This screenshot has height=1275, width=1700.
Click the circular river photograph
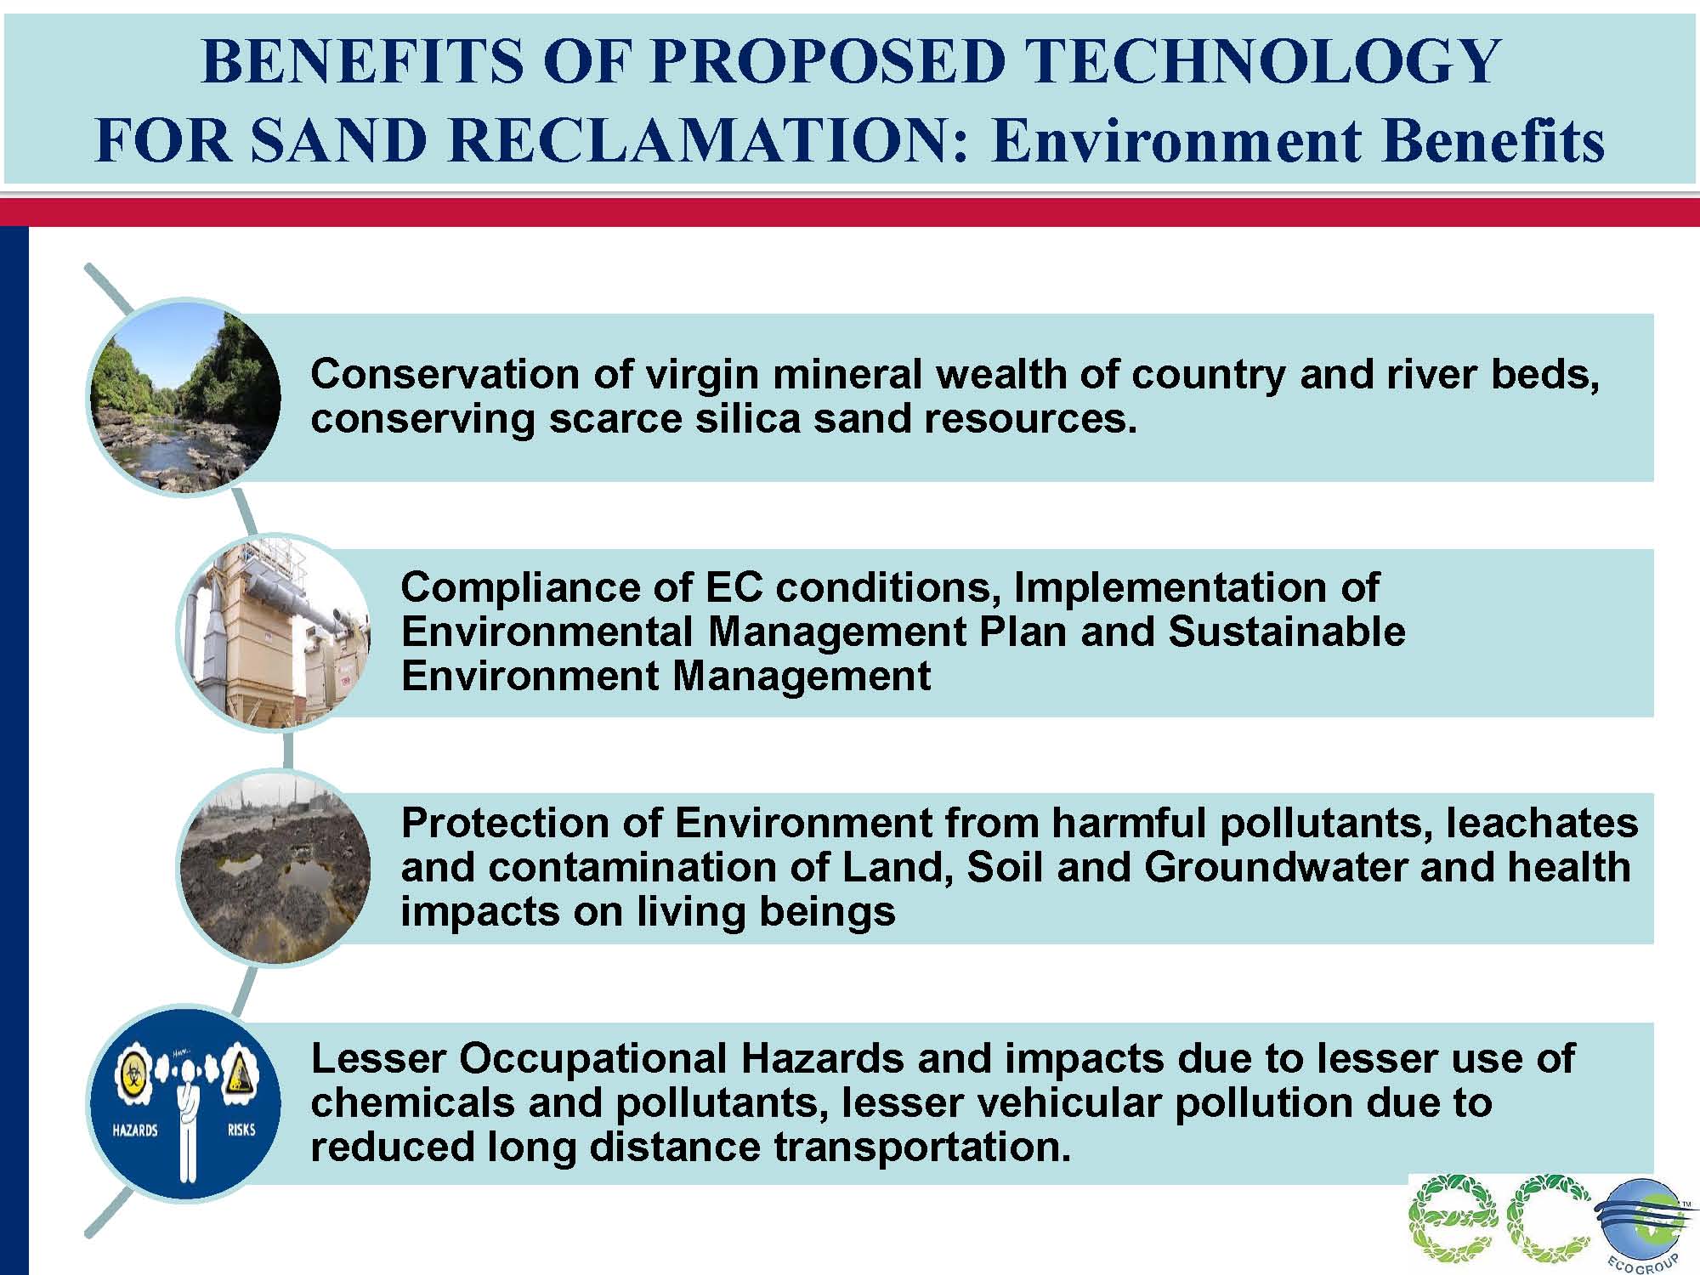(185, 397)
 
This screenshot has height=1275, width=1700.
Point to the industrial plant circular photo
(274, 632)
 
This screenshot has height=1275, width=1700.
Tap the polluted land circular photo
(274, 867)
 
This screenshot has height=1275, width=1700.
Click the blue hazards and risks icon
(185, 1102)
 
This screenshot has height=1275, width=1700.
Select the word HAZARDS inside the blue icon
(135, 1130)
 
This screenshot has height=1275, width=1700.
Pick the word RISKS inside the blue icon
(241, 1130)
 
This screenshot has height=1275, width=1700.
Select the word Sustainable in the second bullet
(1287, 632)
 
